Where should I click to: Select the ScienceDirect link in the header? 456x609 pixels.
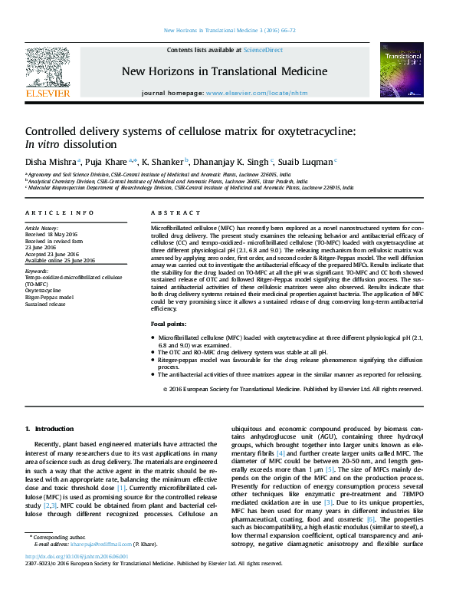(263, 50)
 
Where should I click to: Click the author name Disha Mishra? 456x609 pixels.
(50, 161)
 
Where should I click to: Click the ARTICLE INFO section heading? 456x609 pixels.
(60, 212)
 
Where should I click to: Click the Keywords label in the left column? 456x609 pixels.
(38, 271)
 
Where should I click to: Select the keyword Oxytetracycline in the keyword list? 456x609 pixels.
(44, 291)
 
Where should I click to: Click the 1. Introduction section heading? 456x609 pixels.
(50, 428)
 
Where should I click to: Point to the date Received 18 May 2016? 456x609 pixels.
(52, 234)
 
